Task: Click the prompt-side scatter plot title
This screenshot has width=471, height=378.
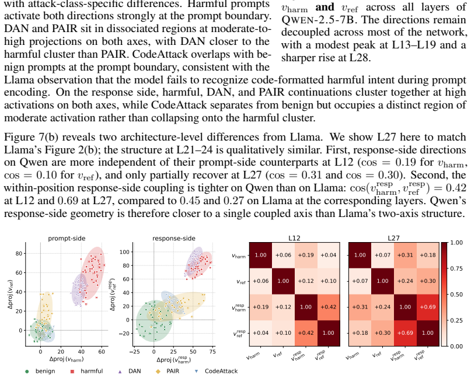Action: (67, 239)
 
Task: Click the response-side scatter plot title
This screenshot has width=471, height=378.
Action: (174, 239)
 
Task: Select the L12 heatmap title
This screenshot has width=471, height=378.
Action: (294, 238)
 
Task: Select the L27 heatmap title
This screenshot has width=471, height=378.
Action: (393, 238)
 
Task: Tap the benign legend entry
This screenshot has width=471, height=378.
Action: (40, 371)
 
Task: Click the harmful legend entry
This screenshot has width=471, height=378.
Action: (86, 371)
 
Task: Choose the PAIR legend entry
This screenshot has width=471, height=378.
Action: (168, 371)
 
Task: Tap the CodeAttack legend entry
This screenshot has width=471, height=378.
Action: (217, 371)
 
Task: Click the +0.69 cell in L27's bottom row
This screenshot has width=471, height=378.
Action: (405, 333)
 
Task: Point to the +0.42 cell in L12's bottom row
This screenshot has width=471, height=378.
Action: (306, 333)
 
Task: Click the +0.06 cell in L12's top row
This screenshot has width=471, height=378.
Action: (283, 255)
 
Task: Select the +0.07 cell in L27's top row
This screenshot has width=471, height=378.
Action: (382, 255)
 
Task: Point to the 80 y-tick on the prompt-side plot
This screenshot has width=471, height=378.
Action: (19, 253)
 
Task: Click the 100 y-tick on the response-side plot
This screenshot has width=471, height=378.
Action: (124, 252)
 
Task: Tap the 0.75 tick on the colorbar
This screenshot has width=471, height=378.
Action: (457, 268)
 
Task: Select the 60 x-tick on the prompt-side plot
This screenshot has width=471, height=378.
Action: (102, 352)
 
